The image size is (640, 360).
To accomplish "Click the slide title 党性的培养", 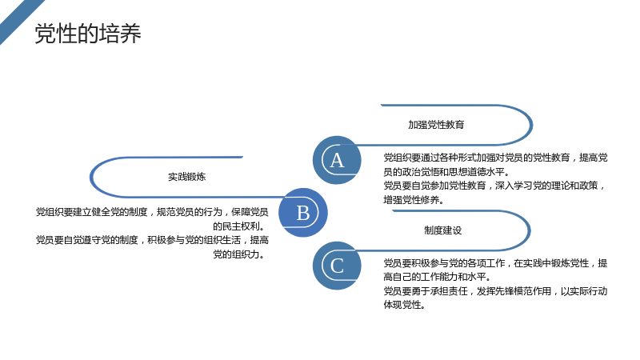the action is pos(88,34).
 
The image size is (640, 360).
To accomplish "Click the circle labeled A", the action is pos(337,160).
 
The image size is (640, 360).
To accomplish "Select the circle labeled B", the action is pos(303,212).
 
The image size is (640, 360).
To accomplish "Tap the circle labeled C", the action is pos(337,266).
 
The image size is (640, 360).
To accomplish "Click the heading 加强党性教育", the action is pos(436,125).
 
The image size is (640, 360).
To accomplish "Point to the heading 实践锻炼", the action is pos(187,177).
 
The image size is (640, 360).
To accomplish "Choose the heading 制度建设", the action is pos(443,230).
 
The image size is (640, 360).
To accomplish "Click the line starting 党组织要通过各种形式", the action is pos(495,158).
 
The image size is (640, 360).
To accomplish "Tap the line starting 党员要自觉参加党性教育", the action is pos(494,186).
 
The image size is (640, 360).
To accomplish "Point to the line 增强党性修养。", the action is pos(414,200).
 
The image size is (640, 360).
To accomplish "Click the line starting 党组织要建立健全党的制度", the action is pos(152,212).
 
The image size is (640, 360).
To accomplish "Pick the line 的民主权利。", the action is pos(241,226).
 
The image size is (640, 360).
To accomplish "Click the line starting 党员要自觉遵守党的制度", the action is pos(152,240).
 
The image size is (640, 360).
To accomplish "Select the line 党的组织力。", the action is pos(241,254).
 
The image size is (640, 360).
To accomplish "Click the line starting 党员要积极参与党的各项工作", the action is pos(495,263).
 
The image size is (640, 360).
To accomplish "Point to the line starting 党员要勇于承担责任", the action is pos(495,291).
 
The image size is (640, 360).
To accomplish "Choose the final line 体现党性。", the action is pos(405,305).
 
